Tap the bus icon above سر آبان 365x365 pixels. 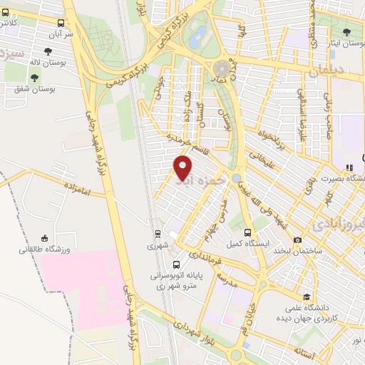pyautogui.click(x=66, y=23)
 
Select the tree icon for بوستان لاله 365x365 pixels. pyautogui.click(x=48, y=51)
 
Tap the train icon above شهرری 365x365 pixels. pyautogui.click(x=158, y=233)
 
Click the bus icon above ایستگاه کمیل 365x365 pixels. pyautogui.click(x=248, y=232)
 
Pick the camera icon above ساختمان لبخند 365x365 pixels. pyautogui.click(x=297, y=241)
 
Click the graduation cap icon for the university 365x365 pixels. pyautogui.click(x=307, y=297)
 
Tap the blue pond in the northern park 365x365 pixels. pyautogui.click(x=195, y=39)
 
